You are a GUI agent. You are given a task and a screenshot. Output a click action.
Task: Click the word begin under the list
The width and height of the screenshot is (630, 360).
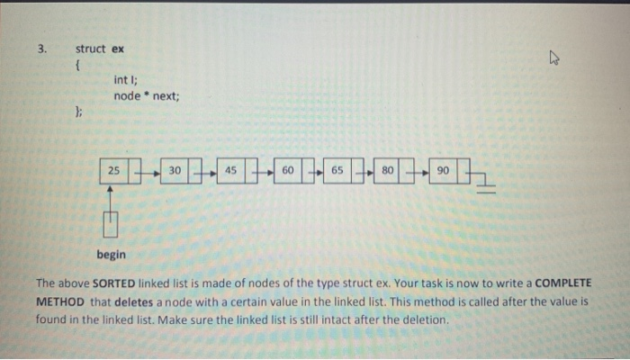(x=112, y=255)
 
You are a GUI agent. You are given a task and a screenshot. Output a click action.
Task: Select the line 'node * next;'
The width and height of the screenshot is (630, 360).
(x=147, y=96)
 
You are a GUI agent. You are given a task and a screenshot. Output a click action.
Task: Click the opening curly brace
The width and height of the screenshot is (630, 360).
(x=78, y=65)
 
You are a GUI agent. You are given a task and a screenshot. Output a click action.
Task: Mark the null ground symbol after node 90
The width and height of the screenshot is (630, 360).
(x=488, y=184)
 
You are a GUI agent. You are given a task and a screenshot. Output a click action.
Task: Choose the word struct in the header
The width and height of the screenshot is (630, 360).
(x=91, y=49)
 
